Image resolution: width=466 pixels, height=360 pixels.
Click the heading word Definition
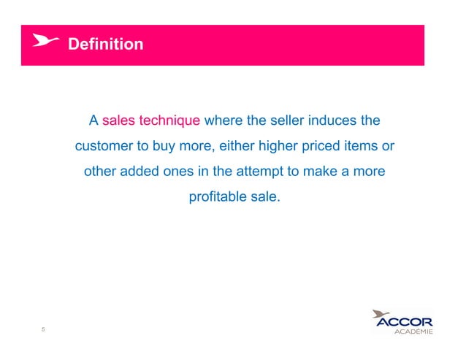point(105,45)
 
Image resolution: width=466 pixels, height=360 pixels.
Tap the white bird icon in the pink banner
point(45,42)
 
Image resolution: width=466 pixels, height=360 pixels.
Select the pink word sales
point(119,120)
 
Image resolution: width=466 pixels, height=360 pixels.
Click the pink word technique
point(169,120)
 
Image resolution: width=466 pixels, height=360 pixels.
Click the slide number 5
point(43,329)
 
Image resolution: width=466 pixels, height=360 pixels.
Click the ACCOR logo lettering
point(403,322)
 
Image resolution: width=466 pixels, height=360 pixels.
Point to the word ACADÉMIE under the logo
point(413,332)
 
